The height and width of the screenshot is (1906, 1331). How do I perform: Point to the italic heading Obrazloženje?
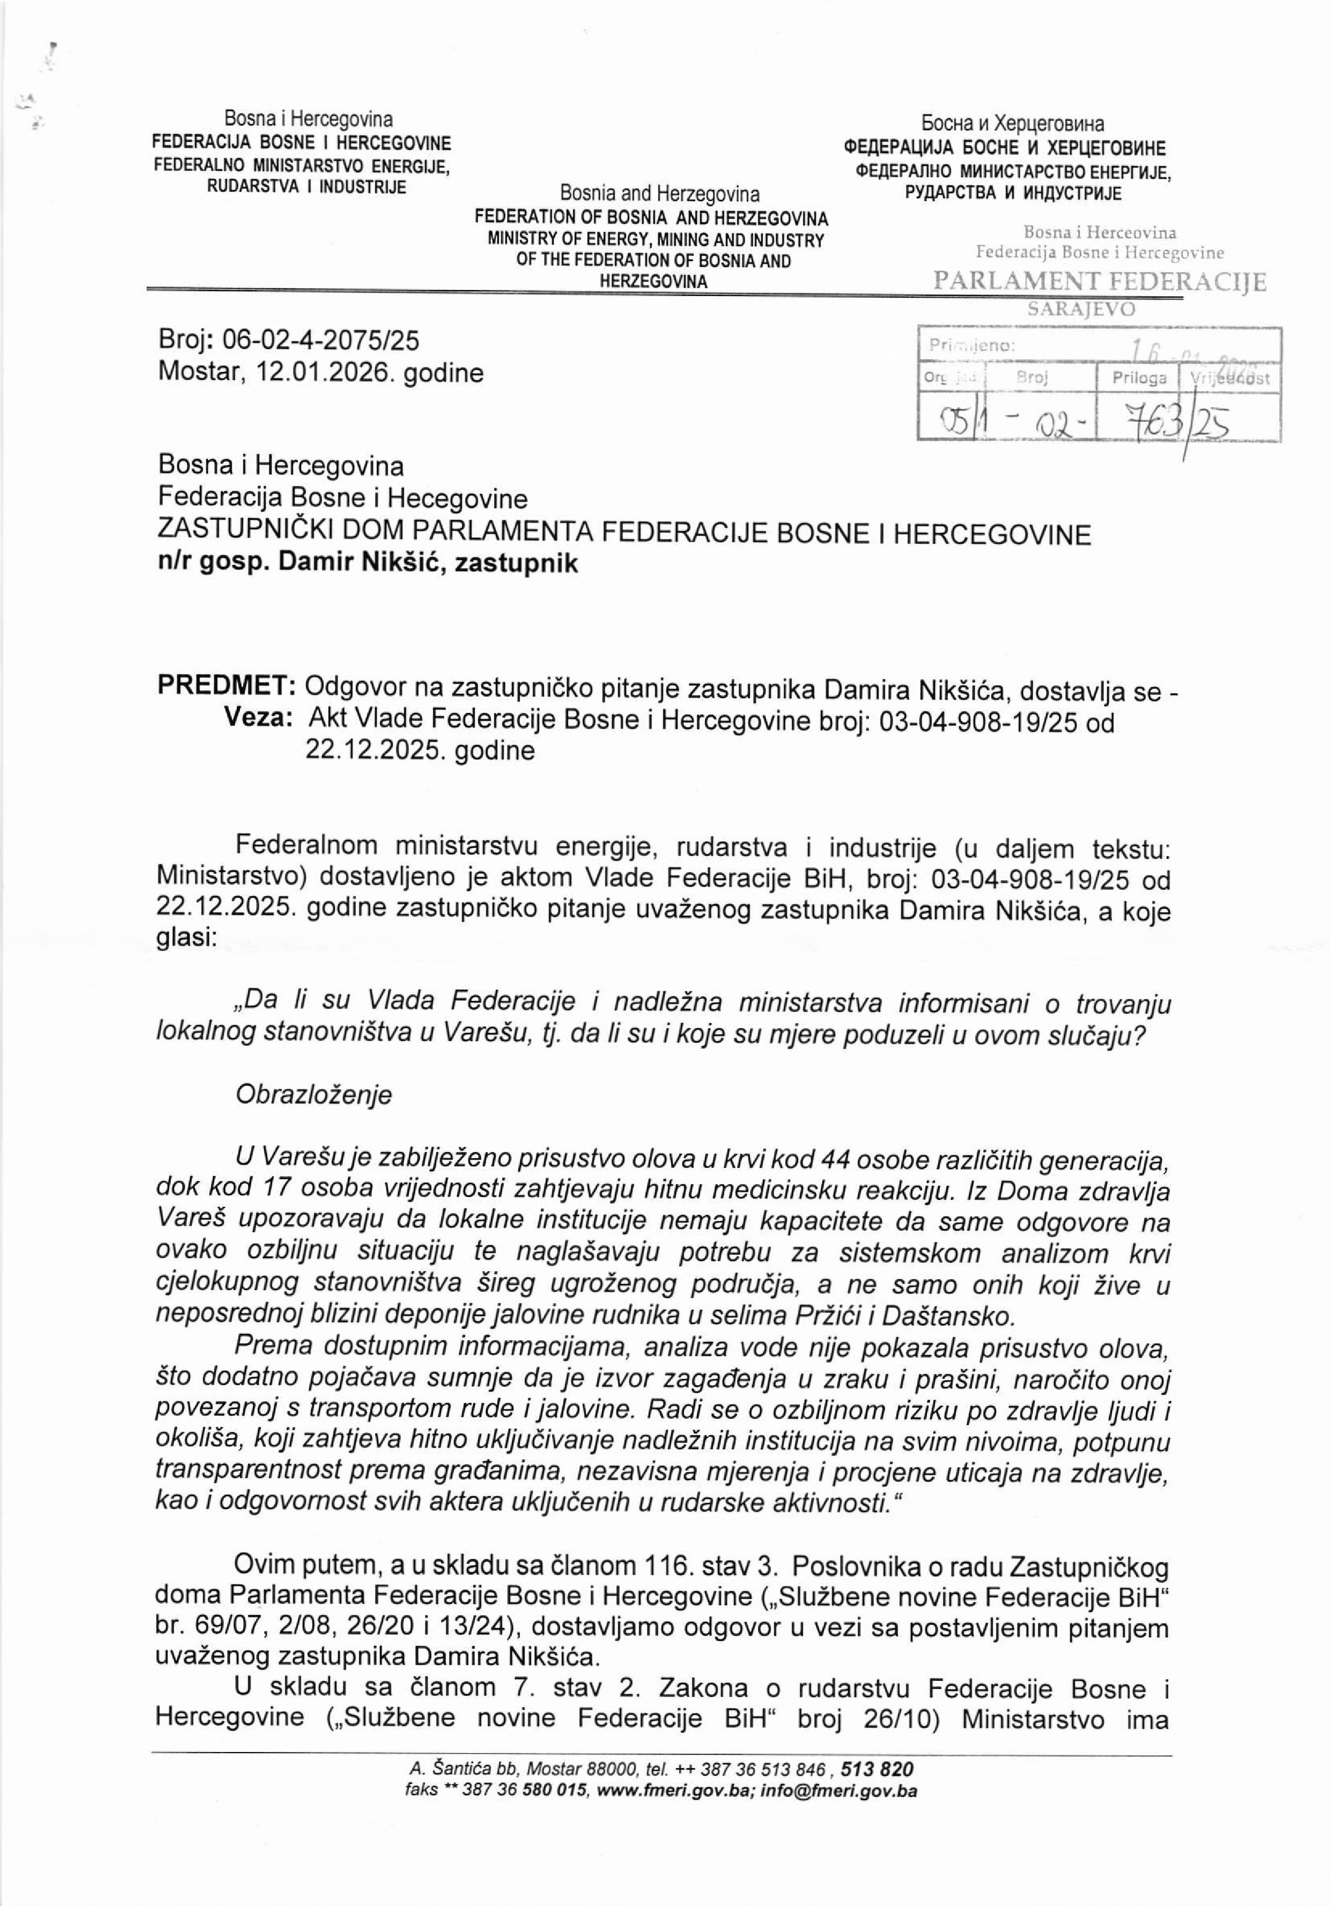(313, 1094)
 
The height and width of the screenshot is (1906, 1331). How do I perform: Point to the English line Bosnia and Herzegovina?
(659, 194)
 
